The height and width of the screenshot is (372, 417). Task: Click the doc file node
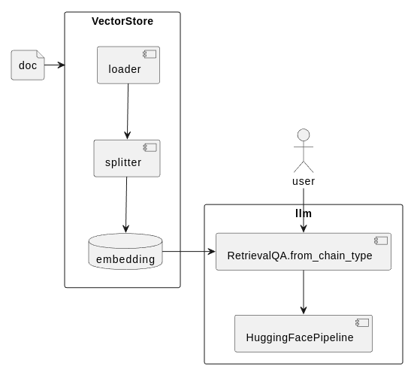point(28,65)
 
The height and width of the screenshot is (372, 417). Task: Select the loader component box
point(128,65)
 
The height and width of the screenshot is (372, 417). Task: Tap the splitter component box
point(127,159)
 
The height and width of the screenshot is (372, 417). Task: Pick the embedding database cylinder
point(125,252)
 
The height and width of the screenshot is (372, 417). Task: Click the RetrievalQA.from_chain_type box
point(304,252)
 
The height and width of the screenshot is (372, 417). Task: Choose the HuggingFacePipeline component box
point(304,334)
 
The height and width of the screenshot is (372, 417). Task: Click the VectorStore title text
point(122,21)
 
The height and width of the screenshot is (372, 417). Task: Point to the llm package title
point(304,213)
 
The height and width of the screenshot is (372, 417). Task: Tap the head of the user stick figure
point(304,135)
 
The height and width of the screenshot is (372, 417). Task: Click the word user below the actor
point(304,181)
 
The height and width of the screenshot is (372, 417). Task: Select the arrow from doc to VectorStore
point(55,65)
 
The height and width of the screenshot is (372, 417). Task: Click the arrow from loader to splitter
point(128,111)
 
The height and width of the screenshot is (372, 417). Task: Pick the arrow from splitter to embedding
point(126,205)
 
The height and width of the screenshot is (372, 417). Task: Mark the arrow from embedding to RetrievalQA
point(189,251)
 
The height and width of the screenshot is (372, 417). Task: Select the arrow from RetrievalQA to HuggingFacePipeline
point(304,292)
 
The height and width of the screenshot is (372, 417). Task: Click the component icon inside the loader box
point(150,54)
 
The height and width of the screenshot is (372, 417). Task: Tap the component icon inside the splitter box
point(150,147)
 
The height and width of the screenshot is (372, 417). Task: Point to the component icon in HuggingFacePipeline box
point(362,322)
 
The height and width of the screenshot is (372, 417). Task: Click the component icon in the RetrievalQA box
point(381,240)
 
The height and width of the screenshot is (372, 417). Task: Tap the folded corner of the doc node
point(41,54)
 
